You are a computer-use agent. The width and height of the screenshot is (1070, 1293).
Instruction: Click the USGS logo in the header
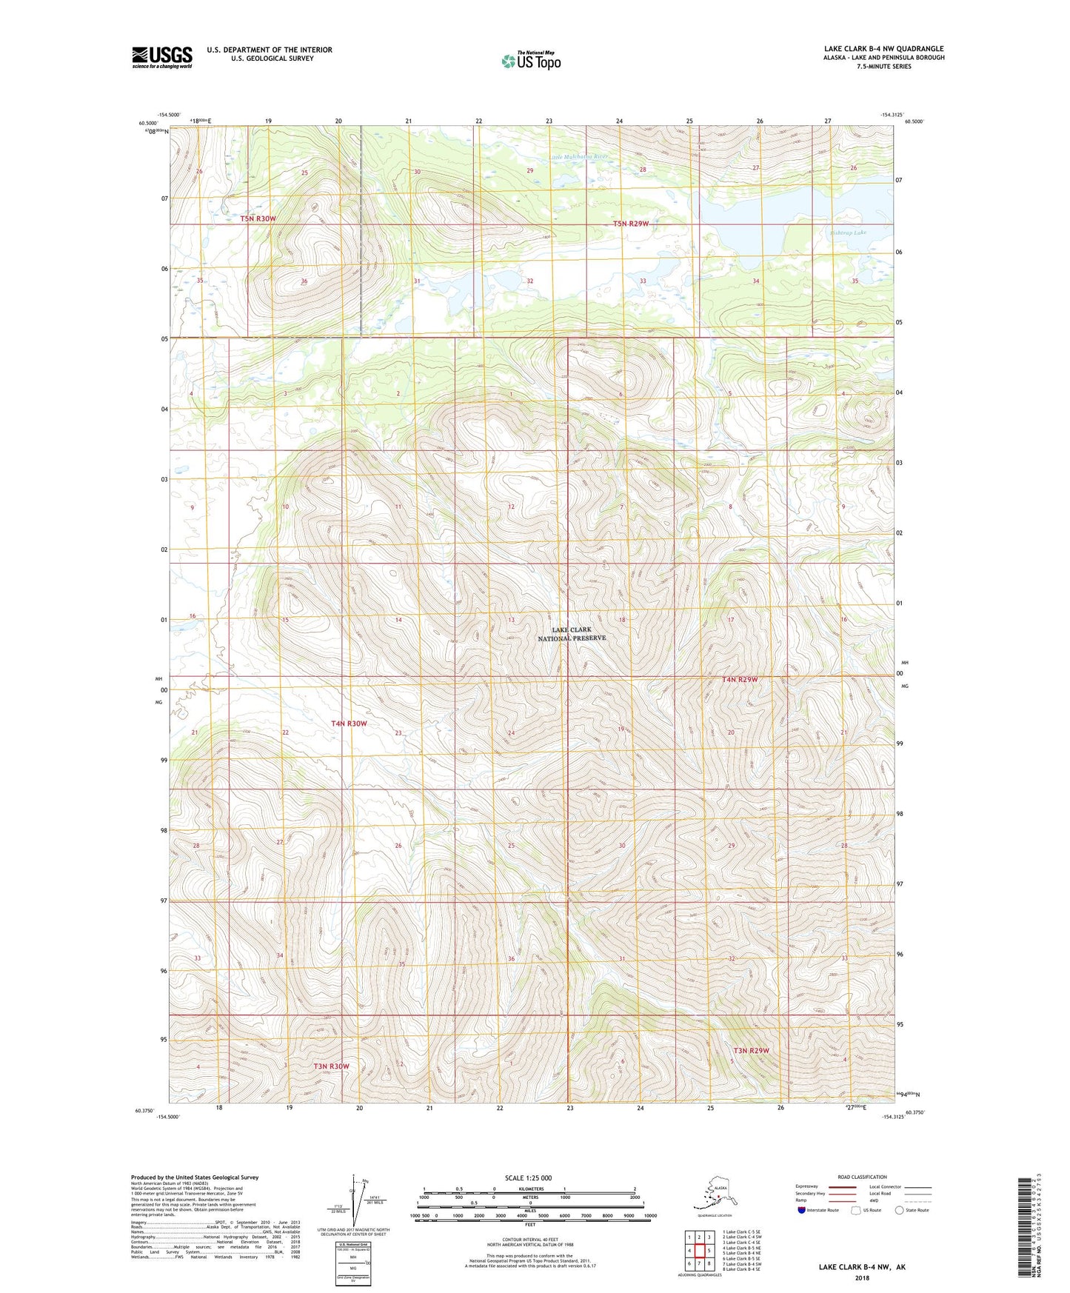[162, 57]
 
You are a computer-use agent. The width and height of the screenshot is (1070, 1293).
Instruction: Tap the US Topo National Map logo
[531, 60]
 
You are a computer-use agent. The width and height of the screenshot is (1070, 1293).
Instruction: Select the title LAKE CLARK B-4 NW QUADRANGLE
[883, 49]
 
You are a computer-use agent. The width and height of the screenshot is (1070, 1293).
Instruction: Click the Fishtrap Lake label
[848, 233]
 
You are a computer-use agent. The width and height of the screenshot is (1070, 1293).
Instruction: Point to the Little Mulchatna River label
[581, 157]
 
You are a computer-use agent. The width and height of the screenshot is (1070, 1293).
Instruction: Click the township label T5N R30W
[258, 218]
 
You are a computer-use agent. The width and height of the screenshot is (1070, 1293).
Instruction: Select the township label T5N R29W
[631, 224]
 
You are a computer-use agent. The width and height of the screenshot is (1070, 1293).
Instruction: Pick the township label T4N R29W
[740, 679]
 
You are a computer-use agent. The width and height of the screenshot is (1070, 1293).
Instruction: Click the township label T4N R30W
[349, 723]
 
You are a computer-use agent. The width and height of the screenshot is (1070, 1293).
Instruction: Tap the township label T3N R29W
[752, 1050]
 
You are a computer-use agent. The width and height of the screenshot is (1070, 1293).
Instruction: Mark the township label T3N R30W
[331, 1066]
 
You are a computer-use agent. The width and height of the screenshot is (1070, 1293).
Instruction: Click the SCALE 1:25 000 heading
[529, 1177]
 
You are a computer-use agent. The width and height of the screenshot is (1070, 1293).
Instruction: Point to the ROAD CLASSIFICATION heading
[862, 1177]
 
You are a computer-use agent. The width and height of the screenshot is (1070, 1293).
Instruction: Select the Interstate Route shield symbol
[802, 1210]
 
